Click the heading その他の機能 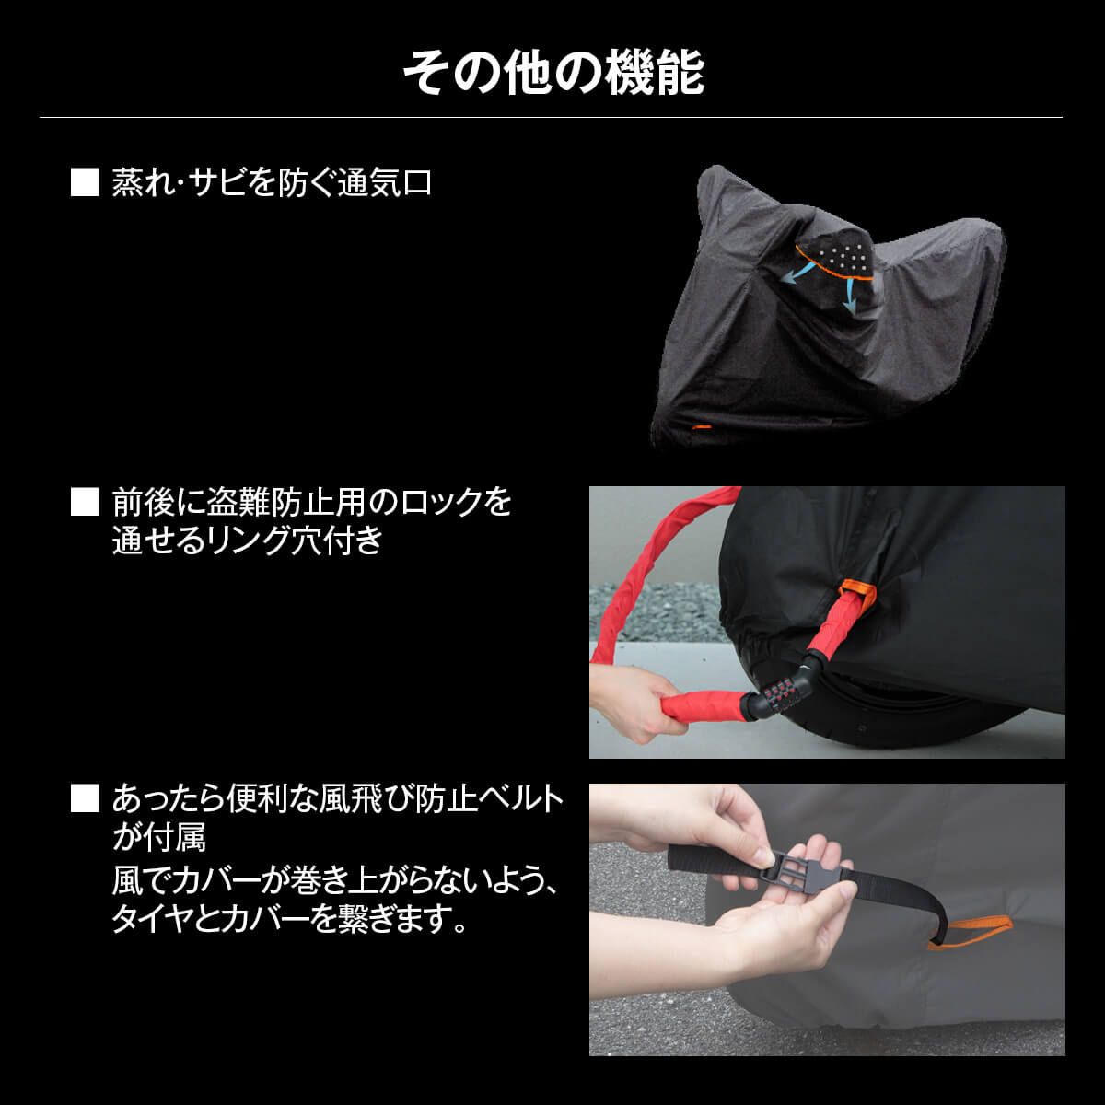pyautogui.click(x=552, y=74)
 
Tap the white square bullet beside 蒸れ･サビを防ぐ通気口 pyautogui.click(x=85, y=181)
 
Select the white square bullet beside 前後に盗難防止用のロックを pyautogui.click(x=85, y=501)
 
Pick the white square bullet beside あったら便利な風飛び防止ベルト pyautogui.click(x=85, y=797)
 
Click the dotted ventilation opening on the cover pyautogui.click(x=836, y=256)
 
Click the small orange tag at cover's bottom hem pyautogui.click(x=702, y=427)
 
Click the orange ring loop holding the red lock pyautogui.click(x=855, y=594)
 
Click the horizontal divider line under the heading pyautogui.click(x=551, y=118)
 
